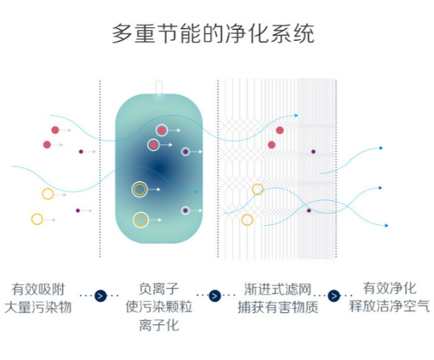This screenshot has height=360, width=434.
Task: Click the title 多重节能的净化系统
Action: click(x=213, y=34)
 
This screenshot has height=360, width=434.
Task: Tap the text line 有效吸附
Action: click(x=39, y=289)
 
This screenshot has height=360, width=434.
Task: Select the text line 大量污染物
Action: click(x=39, y=307)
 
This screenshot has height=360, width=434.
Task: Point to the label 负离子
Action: click(x=158, y=289)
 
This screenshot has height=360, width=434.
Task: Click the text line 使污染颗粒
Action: click(x=158, y=307)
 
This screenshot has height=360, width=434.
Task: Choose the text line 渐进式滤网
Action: click(x=278, y=289)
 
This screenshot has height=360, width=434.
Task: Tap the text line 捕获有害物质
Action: click(x=278, y=307)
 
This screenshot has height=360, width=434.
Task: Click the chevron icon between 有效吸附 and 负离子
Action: click(x=100, y=296)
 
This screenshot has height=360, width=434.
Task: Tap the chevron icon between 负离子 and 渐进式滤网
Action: click(x=215, y=296)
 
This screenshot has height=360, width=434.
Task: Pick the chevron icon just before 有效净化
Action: click(x=334, y=296)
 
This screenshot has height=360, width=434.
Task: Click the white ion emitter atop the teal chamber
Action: click(x=159, y=88)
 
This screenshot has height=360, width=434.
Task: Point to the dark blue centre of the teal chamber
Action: click(x=159, y=169)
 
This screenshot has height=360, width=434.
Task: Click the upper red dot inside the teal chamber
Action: click(x=161, y=130)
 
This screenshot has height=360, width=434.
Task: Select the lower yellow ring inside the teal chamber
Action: click(x=141, y=220)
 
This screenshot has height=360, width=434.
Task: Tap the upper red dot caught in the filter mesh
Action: click(x=280, y=130)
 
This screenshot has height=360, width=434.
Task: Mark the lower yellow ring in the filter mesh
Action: click(x=247, y=220)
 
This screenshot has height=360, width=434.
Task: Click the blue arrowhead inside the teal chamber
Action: click(x=196, y=191)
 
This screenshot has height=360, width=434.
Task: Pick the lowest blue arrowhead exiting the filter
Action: click(x=386, y=226)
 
